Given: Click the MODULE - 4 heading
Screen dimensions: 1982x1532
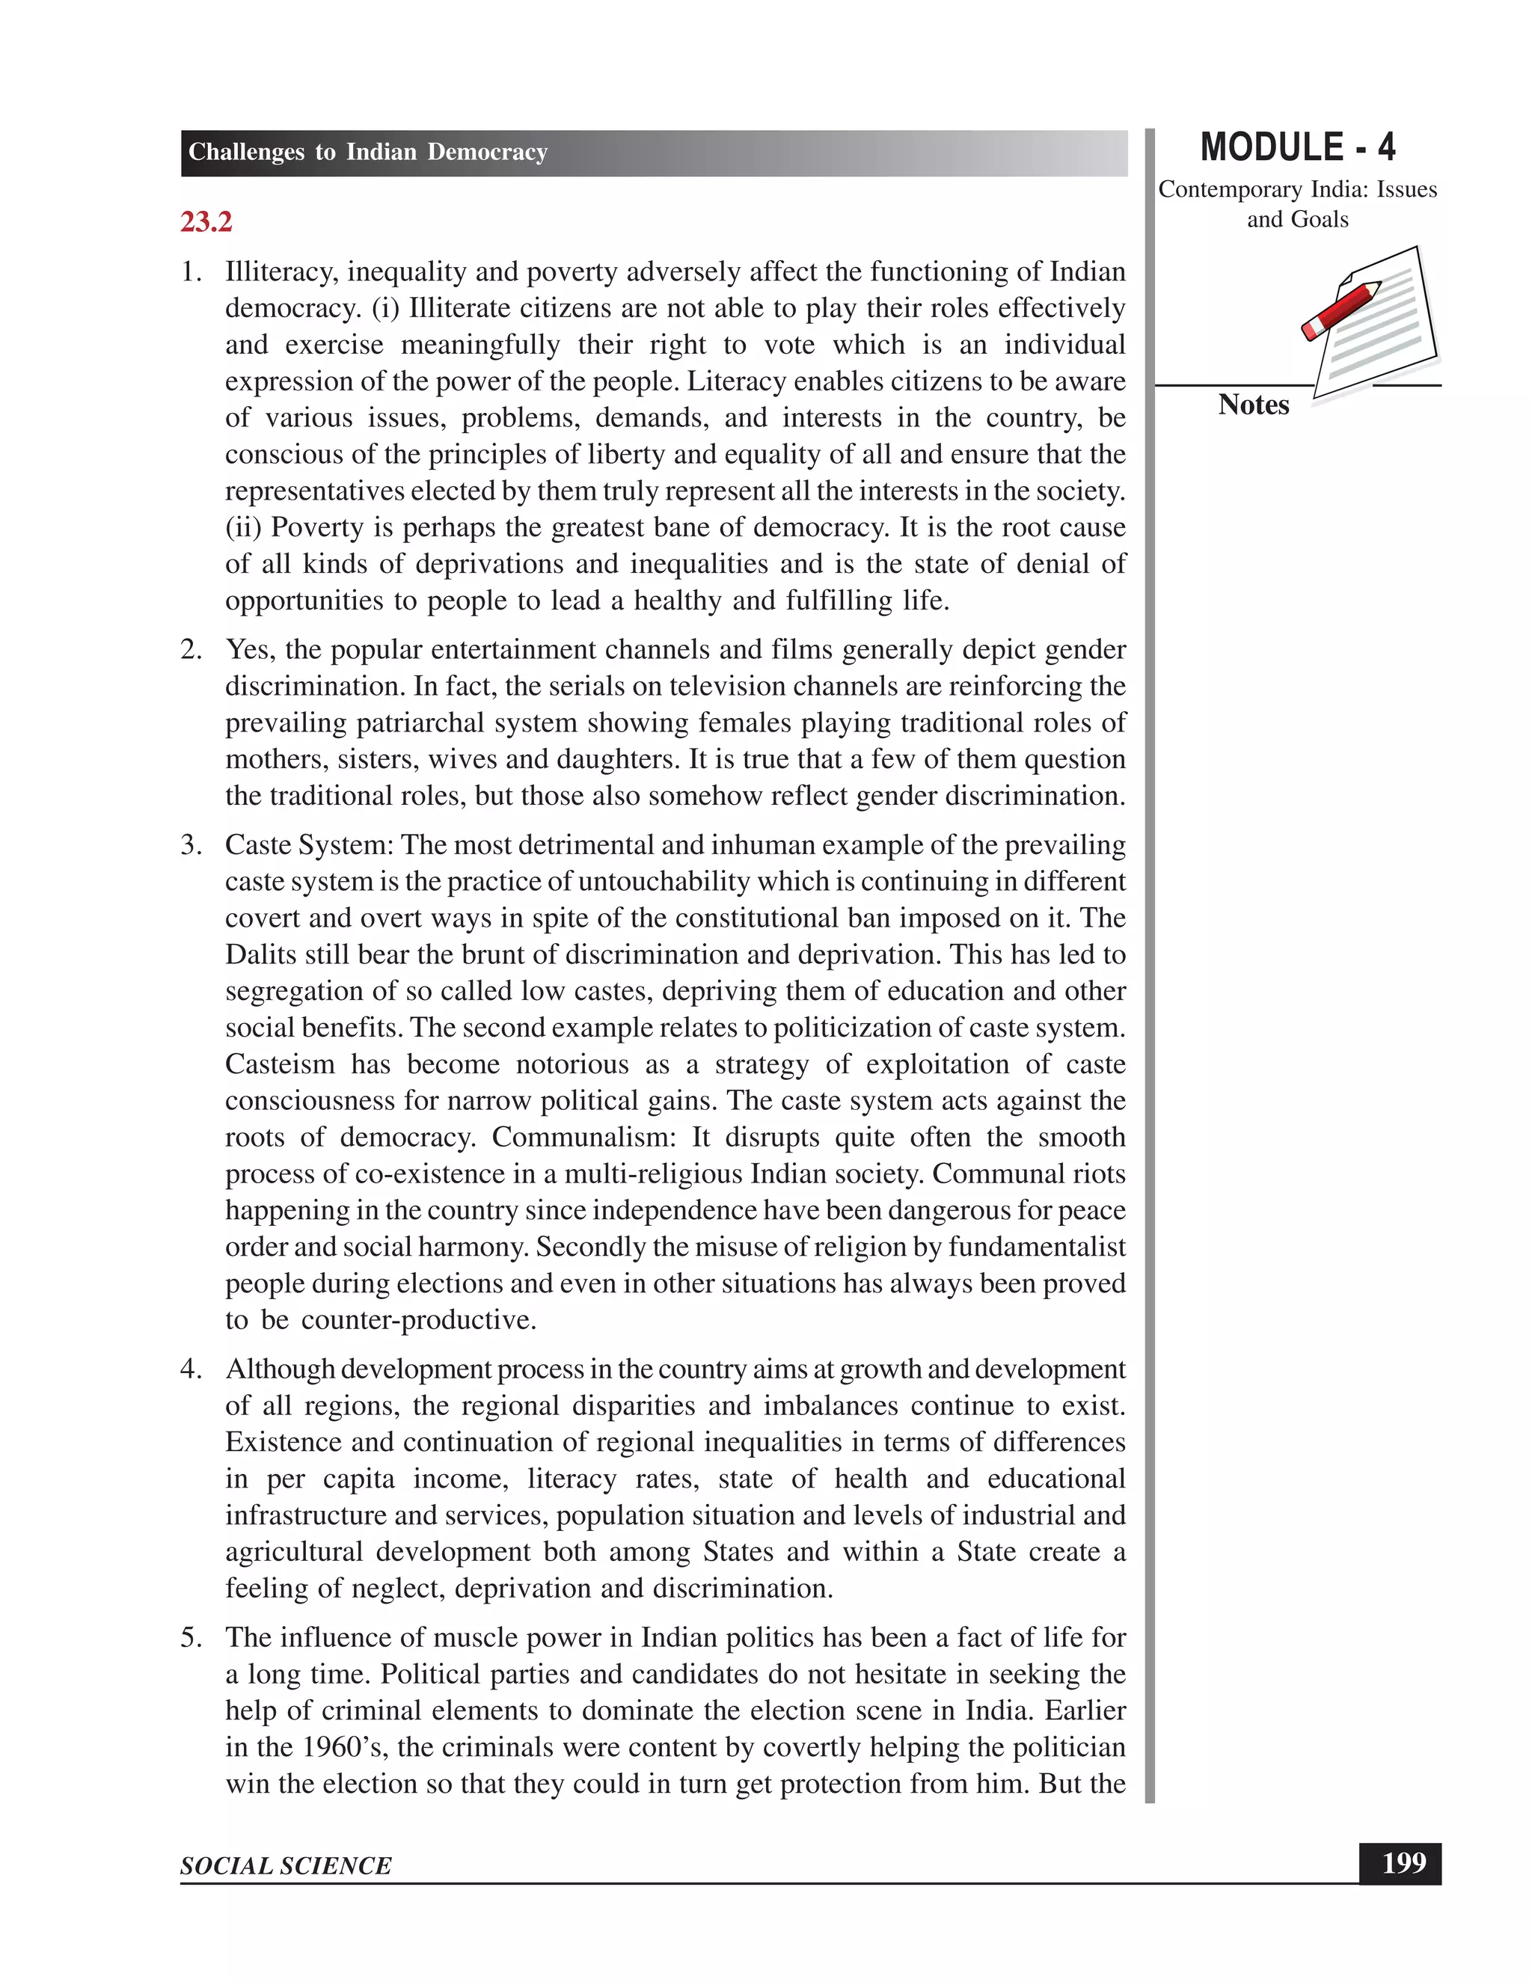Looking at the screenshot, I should pos(1297,148).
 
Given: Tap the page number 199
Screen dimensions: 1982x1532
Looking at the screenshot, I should pos(1403,1863).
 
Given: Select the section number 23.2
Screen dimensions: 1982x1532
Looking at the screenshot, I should pos(206,221).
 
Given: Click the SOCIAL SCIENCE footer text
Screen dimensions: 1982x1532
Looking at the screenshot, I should pos(286,1866).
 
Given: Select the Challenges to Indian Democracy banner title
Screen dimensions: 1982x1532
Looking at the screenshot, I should pos(367,152).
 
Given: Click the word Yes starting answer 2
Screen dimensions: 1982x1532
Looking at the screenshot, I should pos(250,650).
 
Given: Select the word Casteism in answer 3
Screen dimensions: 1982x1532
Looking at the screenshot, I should pos(280,1064).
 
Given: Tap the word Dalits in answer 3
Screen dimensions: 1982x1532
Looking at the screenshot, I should pos(259,954).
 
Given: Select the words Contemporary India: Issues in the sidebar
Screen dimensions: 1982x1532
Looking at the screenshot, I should pos(1297,190).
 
